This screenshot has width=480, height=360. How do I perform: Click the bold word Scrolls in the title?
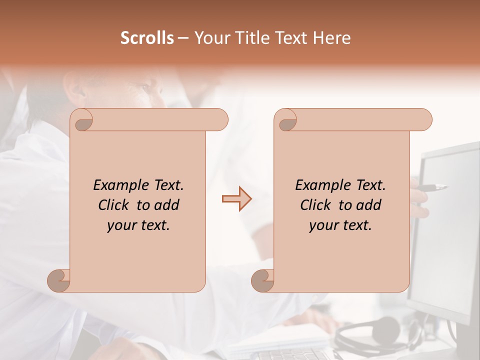click(x=147, y=38)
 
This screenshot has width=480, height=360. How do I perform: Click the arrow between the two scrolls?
click(x=236, y=199)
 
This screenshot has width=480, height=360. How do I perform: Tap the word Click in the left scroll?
click(x=114, y=205)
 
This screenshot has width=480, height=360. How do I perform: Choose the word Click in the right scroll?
click(x=316, y=205)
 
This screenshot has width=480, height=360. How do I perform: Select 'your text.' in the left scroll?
click(x=138, y=225)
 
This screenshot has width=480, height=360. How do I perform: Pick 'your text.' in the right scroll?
click(x=340, y=225)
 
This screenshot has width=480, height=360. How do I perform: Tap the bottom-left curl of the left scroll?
click(x=59, y=280)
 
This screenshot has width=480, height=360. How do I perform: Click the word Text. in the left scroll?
click(x=167, y=185)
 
